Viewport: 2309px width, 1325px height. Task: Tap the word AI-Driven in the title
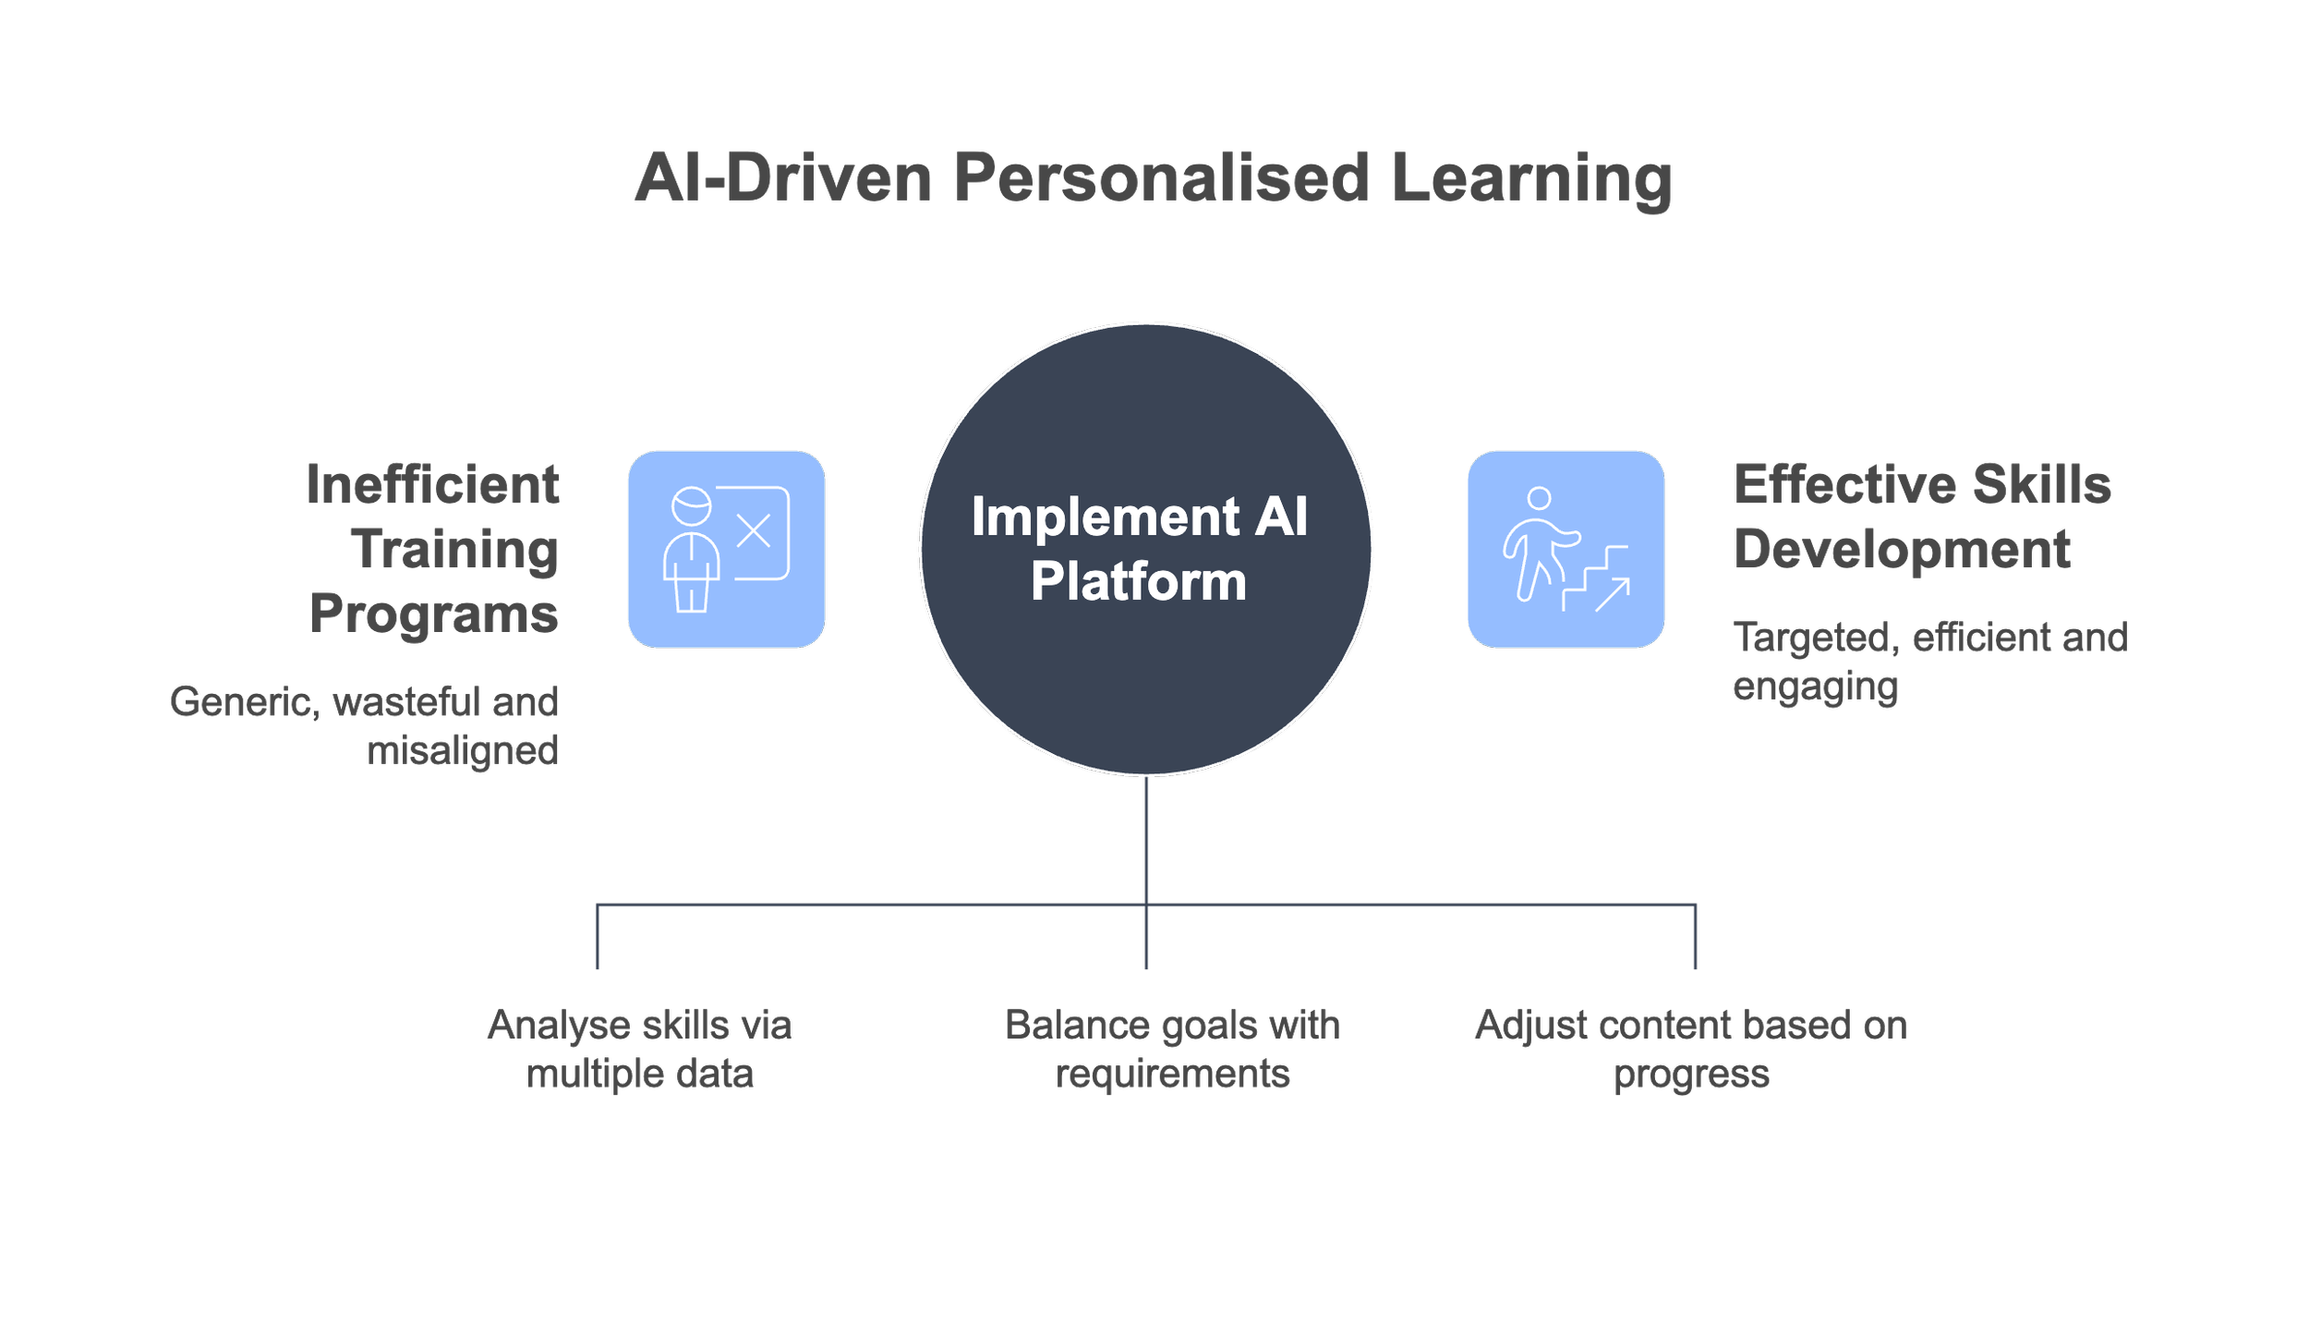(x=783, y=177)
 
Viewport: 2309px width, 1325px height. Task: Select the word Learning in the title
(x=1530, y=177)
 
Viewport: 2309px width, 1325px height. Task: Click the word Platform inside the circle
(x=1138, y=581)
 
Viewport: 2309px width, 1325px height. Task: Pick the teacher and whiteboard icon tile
(x=726, y=549)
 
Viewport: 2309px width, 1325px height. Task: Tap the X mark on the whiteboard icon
(x=754, y=531)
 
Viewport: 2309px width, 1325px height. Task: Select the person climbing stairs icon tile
(x=1566, y=549)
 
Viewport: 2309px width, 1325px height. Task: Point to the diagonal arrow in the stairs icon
(x=1613, y=594)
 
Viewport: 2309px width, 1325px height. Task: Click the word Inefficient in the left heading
(x=432, y=484)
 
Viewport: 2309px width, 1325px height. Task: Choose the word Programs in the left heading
(x=434, y=614)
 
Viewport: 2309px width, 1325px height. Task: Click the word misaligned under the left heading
(x=463, y=751)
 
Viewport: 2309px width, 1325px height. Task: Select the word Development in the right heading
(x=1902, y=549)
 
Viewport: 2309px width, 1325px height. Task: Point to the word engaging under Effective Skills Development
(x=1815, y=687)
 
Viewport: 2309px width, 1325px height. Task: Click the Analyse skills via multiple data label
(x=639, y=1049)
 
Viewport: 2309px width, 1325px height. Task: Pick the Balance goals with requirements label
(x=1172, y=1049)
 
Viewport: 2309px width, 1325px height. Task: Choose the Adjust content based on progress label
(x=1691, y=1049)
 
